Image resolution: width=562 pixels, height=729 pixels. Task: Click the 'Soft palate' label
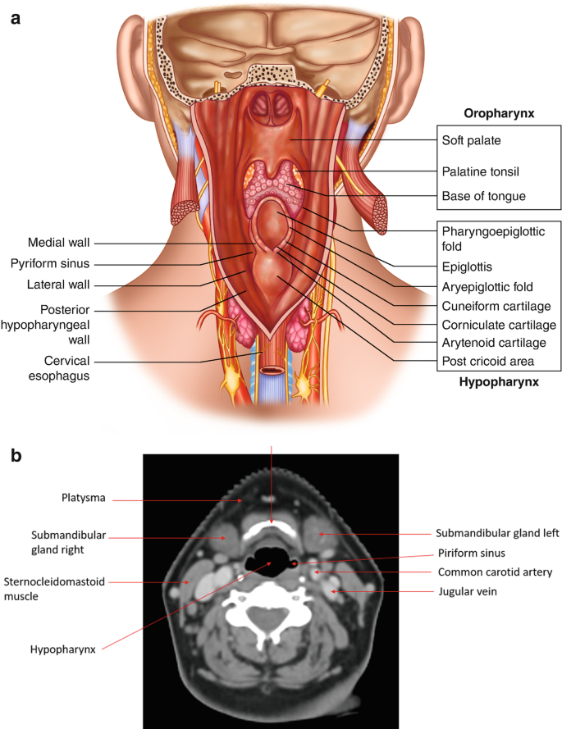[x=471, y=140]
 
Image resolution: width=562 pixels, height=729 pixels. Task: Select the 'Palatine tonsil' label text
[x=480, y=171]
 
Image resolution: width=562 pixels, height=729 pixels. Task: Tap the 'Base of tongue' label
[x=482, y=196]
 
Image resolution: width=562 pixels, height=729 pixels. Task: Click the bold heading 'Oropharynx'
[x=499, y=112]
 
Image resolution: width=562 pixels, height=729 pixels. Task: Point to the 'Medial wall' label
[x=58, y=242]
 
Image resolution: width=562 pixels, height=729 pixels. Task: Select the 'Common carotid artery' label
[x=495, y=572]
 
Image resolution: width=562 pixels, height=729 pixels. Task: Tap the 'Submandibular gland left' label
[x=497, y=532]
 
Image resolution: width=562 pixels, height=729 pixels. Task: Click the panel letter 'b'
[x=16, y=456]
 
